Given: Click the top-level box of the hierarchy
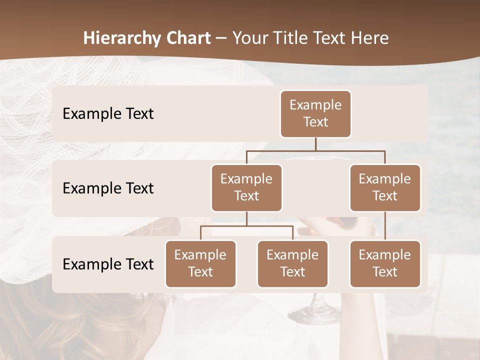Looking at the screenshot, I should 315,113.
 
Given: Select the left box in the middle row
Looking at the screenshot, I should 246,187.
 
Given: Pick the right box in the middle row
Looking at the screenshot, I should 385,187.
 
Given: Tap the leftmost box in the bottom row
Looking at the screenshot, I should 200,263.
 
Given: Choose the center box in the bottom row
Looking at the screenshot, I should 292,263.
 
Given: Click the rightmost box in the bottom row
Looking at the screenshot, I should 385,263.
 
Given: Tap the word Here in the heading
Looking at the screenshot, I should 371,38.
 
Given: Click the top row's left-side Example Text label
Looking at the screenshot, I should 108,113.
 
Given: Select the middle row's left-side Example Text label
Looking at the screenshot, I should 108,188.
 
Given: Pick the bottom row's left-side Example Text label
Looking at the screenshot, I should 108,264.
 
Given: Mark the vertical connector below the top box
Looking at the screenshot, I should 315,144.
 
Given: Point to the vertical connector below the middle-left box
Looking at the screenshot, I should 246,219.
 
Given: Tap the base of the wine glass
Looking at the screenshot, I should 314,314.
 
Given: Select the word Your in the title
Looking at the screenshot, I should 250,38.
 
